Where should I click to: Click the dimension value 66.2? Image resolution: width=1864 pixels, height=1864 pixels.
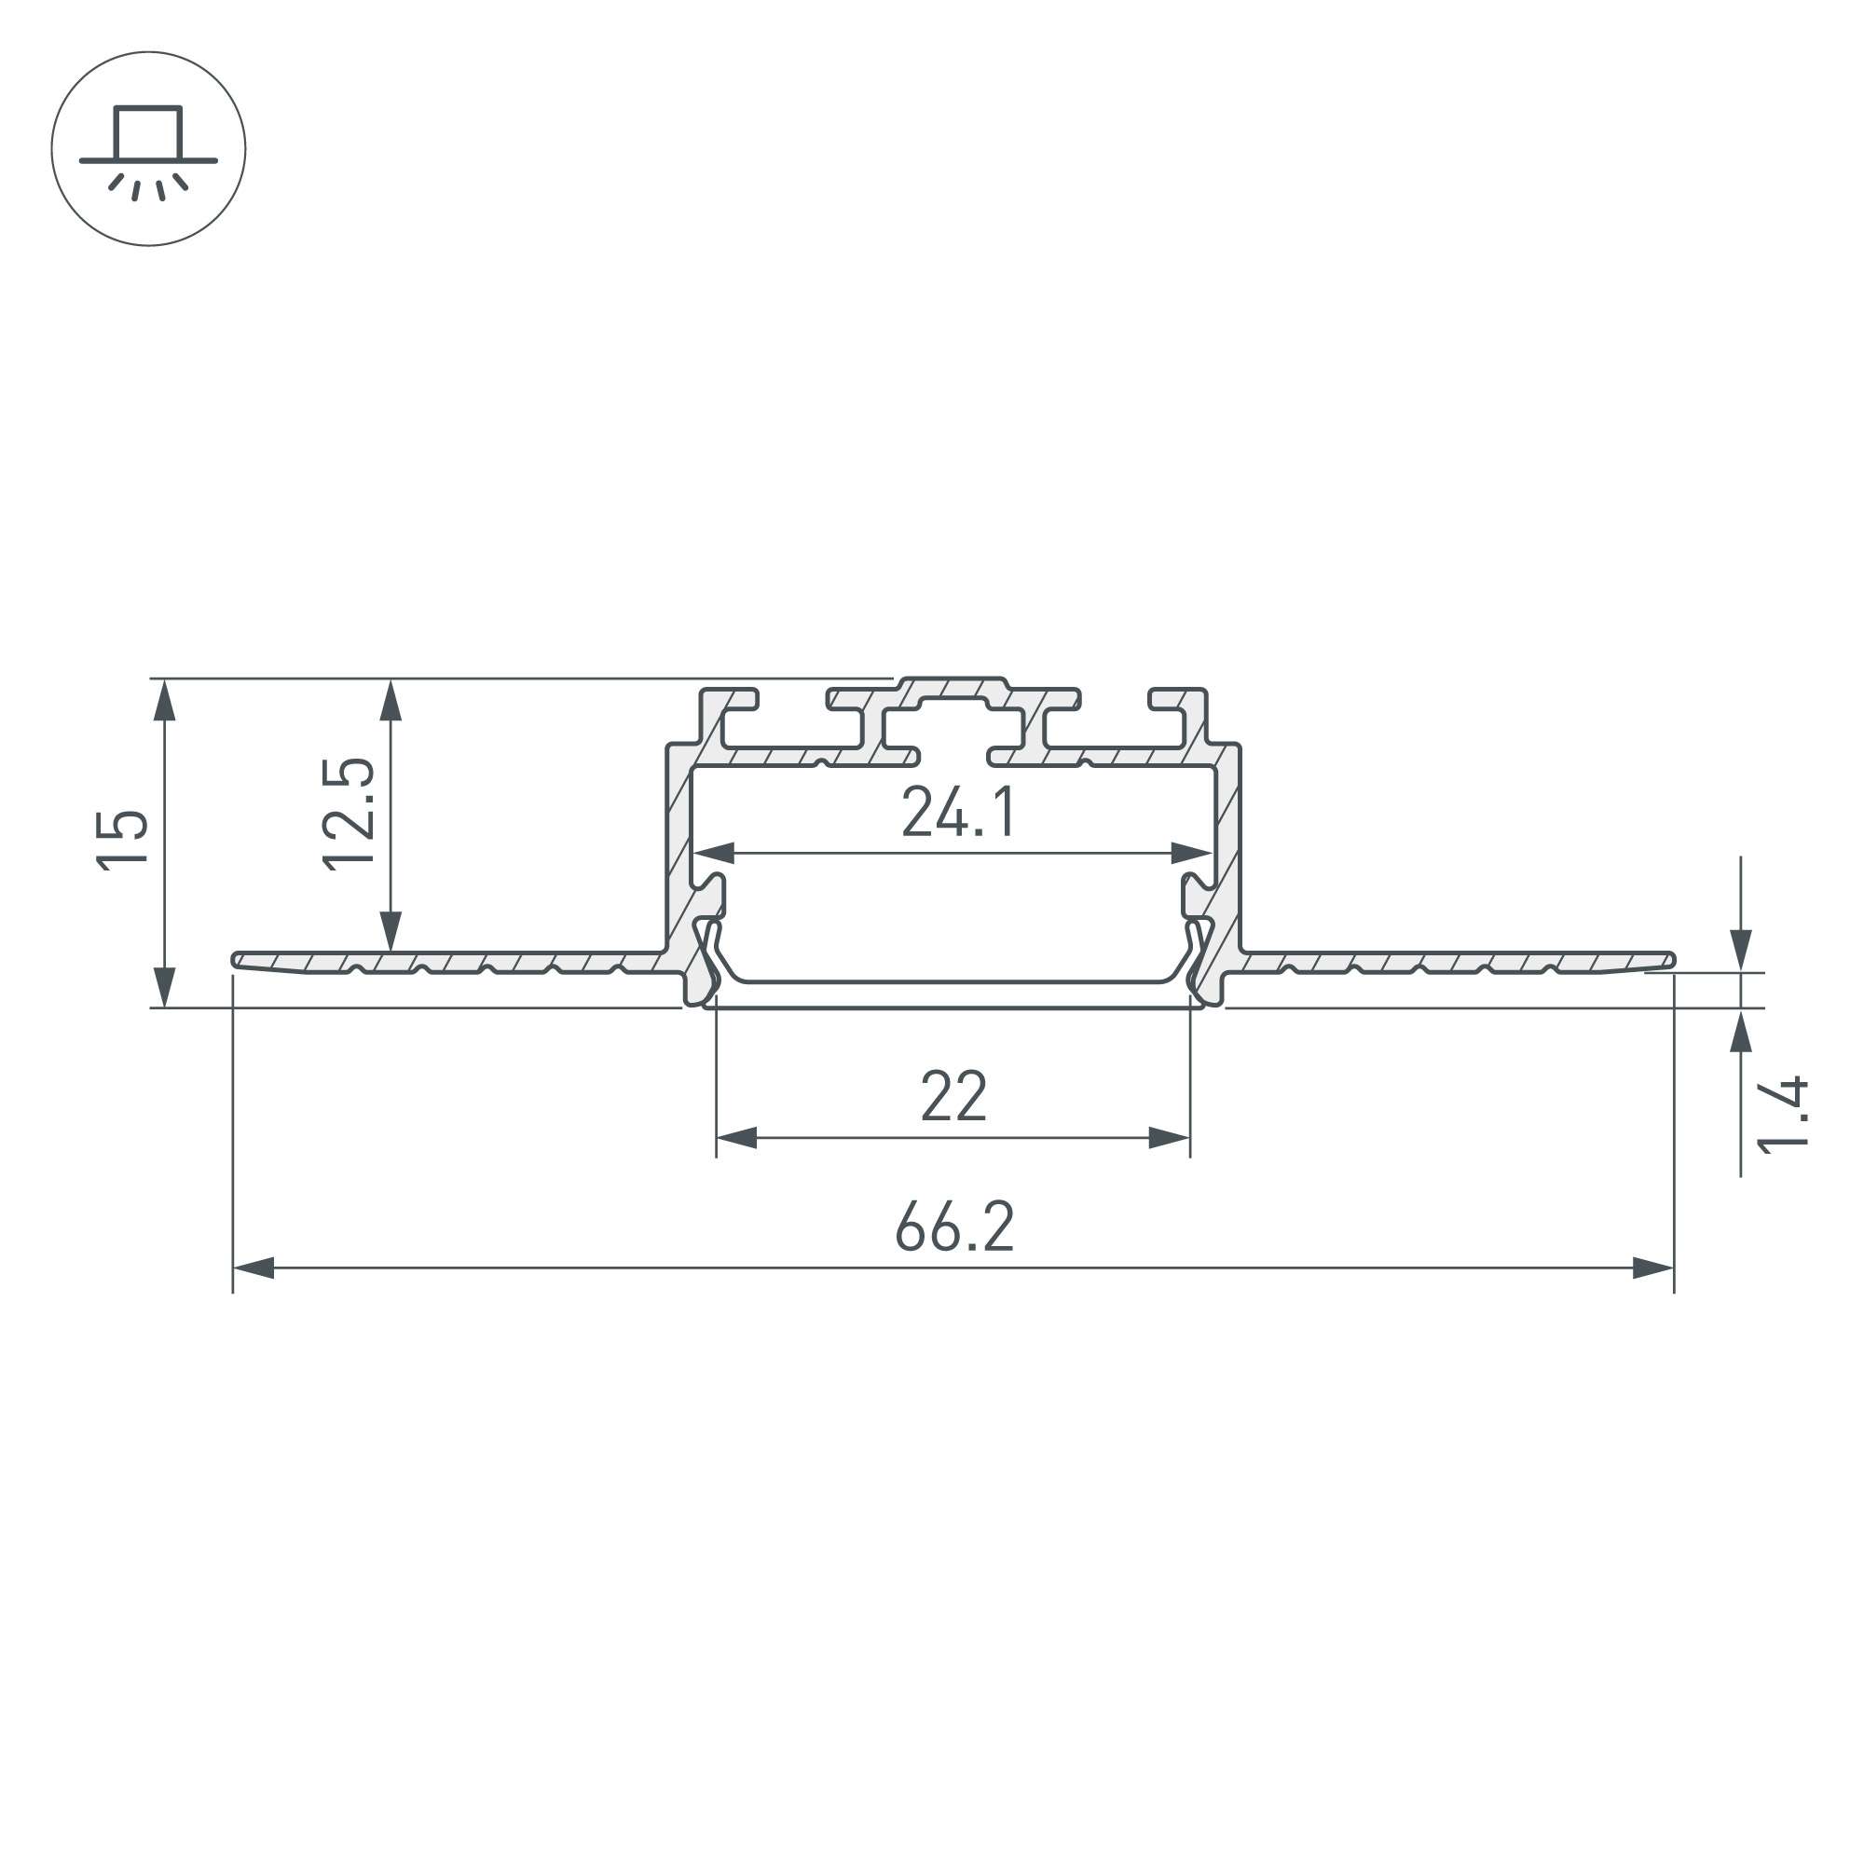[954, 1227]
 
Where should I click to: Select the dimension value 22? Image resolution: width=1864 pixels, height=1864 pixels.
[953, 1096]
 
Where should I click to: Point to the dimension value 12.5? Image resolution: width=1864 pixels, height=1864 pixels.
[349, 815]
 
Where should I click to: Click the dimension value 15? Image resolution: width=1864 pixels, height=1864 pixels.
[122, 841]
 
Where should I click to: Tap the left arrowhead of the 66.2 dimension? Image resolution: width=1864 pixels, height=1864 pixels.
[254, 1268]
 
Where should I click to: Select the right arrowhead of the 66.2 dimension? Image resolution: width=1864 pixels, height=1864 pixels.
[1652, 1268]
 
